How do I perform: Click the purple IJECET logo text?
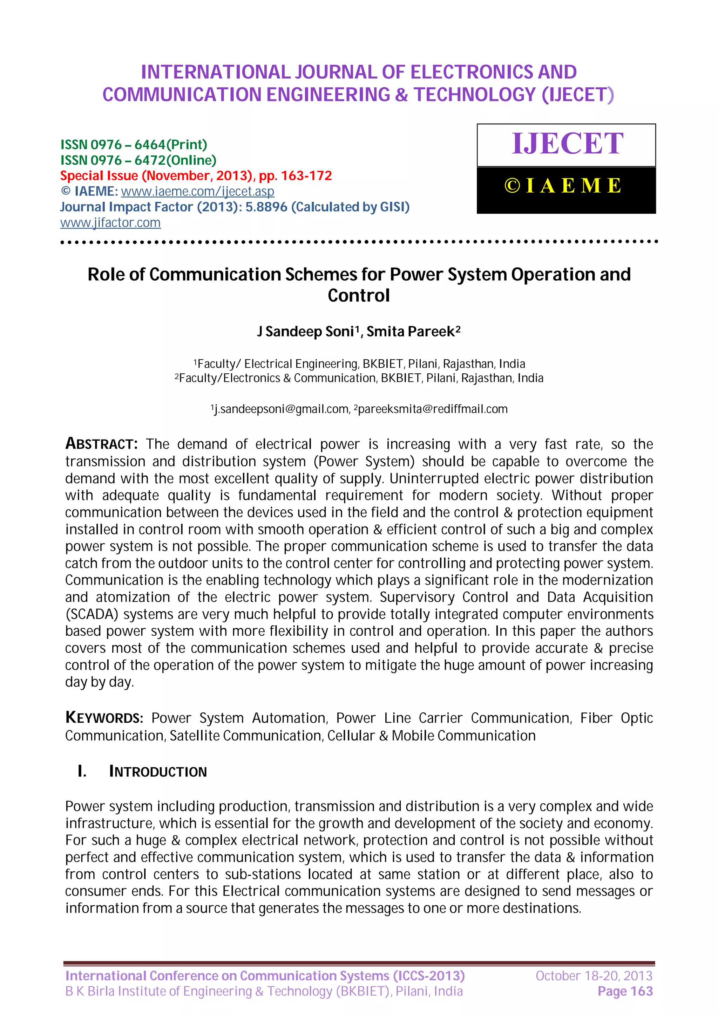coord(567,144)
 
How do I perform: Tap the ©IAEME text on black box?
coord(563,186)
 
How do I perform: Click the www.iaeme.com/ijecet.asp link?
coord(197,192)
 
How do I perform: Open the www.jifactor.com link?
coord(110,222)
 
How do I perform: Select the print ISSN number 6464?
coord(150,145)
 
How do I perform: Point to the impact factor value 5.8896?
coord(266,207)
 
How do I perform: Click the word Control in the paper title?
coord(358,295)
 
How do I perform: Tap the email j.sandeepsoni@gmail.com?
coord(281,409)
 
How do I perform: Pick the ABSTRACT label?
coord(101,443)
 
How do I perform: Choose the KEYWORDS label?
coord(104,718)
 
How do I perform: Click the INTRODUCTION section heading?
coord(157,772)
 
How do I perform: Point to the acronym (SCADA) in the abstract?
coord(91,614)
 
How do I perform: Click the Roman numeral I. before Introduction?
coord(82,772)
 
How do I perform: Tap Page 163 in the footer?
coord(625,992)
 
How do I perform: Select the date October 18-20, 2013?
coord(594,976)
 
